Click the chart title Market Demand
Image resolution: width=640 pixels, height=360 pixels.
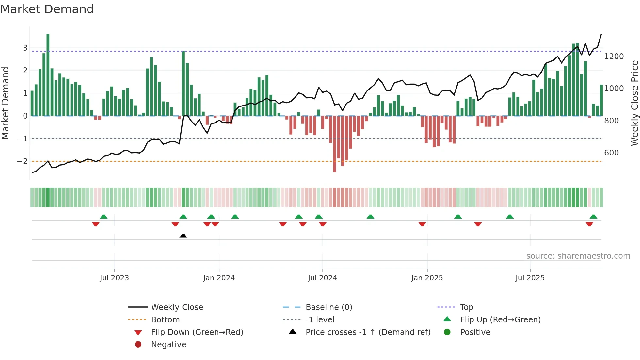[x=47, y=9]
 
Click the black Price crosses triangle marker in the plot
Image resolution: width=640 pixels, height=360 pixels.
[x=183, y=236]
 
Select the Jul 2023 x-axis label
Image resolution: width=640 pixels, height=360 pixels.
[x=114, y=278]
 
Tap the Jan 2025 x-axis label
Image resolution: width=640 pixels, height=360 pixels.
[x=427, y=278]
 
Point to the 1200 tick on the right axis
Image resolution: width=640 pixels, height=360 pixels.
[x=614, y=57]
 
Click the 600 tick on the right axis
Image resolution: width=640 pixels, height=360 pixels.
[x=611, y=153]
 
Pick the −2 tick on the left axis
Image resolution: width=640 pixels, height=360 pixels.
[x=22, y=161]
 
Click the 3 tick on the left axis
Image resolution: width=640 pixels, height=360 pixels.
[x=25, y=48]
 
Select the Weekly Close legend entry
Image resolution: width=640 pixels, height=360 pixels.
[x=177, y=307]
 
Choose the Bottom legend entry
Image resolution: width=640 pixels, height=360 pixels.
[x=165, y=319]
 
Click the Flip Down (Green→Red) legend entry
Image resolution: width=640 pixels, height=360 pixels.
[x=197, y=332]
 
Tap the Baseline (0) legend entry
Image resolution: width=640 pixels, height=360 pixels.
[x=328, y=307]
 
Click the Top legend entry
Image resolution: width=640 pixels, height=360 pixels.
[x=466, y=307]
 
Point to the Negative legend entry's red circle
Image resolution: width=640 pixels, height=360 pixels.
[x=138, y=344]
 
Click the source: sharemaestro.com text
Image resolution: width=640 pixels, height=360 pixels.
[x=578, y=256]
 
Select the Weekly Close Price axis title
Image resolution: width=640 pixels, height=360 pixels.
[x=634, y=103]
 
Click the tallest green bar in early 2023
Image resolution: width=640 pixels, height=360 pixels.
[x=48, y=75]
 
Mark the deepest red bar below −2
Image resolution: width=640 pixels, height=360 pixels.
[x=334, y=144]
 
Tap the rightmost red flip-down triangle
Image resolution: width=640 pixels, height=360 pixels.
[x=589, y=224]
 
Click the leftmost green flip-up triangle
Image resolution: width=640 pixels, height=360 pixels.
[x=104, y=217]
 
